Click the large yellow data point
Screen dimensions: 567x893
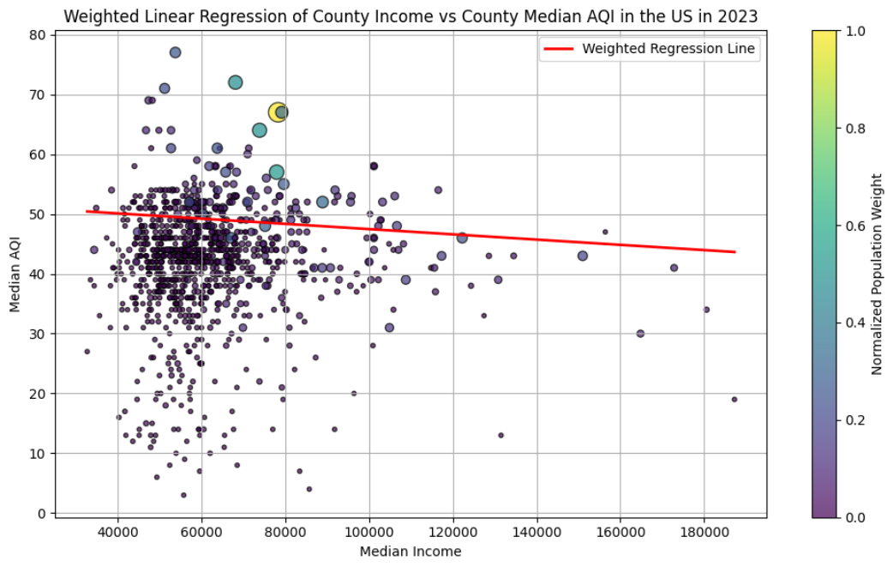point(278,112)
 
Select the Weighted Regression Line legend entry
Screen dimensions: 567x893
point(668,49)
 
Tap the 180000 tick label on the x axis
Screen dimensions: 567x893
point(704,533)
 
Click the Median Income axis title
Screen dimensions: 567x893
point(411,552)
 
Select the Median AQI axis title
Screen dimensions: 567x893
point(16,274)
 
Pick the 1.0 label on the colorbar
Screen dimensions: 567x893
point(844,31)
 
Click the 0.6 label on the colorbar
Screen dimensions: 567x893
point(844,226)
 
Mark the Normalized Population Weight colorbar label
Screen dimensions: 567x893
point(878,274)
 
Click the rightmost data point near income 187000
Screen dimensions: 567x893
point(734,399)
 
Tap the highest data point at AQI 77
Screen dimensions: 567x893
point(175,52)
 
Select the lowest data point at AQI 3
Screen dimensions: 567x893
point(183,495)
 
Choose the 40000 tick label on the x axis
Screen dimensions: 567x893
point(117,533)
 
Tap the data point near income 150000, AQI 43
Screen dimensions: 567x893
point(583,256)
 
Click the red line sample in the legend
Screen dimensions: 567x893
point(558,49)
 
